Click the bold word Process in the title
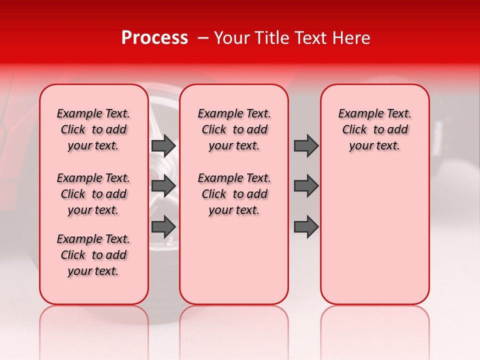(154, 38)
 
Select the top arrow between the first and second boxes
(163, 145)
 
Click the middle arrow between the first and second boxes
(163, 186)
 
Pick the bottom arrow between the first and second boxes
(163, 226)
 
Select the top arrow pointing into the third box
(306, 145)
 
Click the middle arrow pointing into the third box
(306, 186)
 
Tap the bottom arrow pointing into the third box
(306, 226)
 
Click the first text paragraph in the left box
(93, 129)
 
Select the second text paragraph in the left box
(93, 194)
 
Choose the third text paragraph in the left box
(93, 255)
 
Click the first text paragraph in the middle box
(234, 129)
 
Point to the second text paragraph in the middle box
(234, 194)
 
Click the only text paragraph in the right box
(374, 129)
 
